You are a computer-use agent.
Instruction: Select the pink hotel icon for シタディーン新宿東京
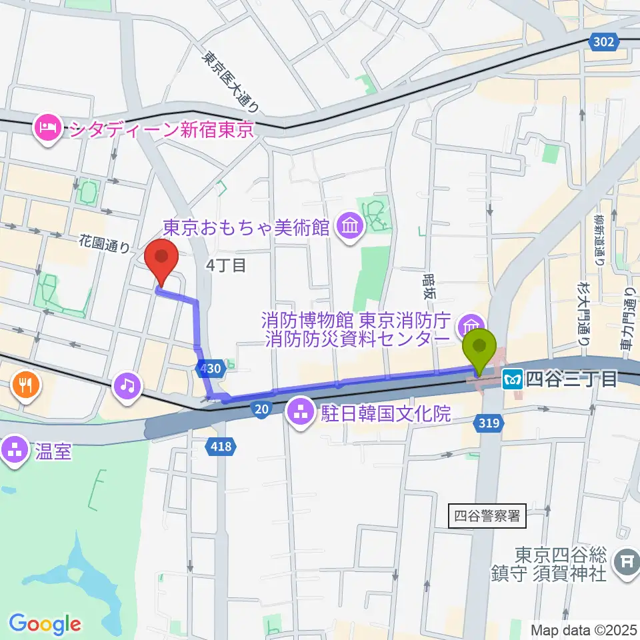[49, 127]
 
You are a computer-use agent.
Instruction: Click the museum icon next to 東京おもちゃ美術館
[349, 228]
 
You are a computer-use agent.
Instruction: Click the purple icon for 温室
[14, 449]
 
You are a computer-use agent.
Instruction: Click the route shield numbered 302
[602, 42]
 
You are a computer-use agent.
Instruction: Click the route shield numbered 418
[219, 447]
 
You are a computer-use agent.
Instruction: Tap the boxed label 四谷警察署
[486, 515]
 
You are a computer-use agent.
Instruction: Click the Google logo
[45, 623]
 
